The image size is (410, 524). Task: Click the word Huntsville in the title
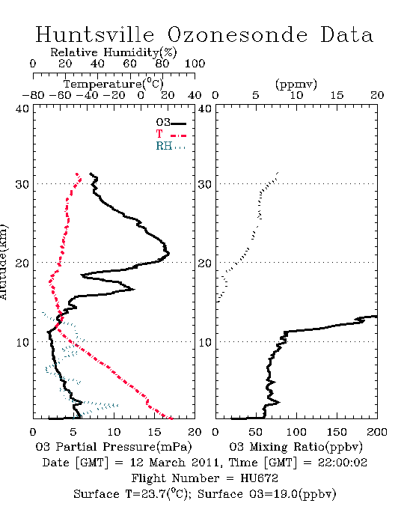pyautogui.click(x=95, y=34)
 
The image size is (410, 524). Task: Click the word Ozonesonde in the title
pyautogui.click(x=237, y=34)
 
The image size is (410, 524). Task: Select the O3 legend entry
pyautogui.click(x=171, y=123)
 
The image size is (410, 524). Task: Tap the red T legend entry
pyautogui.click(x=171, y=134)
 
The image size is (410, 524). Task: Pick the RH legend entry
pyautogui.click(x=171, y=147)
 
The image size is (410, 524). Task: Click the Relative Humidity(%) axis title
pyautogui.click(x=114, y=52)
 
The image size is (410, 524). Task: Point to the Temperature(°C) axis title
pyautogui.click(x=114, y=84)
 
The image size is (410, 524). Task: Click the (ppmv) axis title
pyautogui.click(x=296, y=84)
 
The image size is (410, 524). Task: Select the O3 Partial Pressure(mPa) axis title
pyautogui.click(x=114, y=447)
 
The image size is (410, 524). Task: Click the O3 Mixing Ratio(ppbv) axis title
pyautogui.click(x=296, y=447)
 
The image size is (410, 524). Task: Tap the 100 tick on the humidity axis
pyautogui.click(x=195, y=64)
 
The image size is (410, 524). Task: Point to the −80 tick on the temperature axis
pyautogui.click(x=33, y=96)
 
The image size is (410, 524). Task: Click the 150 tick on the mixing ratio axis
pyautogui.click(x=337, y=432)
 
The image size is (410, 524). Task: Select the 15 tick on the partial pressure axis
pyautogui.click(x=154, y=432)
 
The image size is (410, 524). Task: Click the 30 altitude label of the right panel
pyautogui.click(x=205, y=184)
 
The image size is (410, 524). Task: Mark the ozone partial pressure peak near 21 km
pyautogui.click(x=169, y=253)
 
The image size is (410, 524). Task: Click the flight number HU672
pyautogui.click(x=259, y=478)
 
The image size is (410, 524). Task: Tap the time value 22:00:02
pyautogui.click(x=342, y=463)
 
